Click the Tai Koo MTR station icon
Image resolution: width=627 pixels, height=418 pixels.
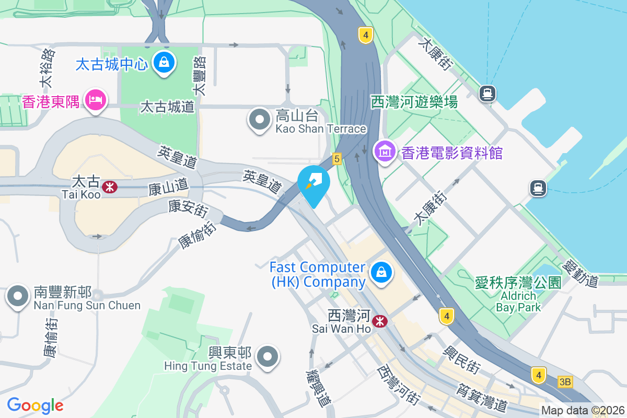click(110, 187)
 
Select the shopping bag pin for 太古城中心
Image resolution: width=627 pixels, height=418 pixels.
click(164, 63)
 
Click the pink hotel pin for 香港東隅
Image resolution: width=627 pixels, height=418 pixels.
click(95, 99)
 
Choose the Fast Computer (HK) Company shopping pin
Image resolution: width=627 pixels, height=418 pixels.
click(381, 272)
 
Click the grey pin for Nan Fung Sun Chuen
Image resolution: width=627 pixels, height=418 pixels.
click(18, 296)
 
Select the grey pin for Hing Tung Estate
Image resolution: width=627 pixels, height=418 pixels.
click(268, 357)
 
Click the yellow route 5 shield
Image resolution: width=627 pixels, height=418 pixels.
click(336, 158)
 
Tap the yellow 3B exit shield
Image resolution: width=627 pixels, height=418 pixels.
click(565, 382)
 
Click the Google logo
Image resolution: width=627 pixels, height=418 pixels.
click(35, 405)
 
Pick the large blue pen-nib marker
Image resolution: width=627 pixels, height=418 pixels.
click(313, 182)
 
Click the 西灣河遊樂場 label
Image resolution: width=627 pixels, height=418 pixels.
click(414, 102)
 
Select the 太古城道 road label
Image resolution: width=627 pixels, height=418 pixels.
click(167, 108)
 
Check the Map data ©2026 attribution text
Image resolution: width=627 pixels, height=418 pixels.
click(583, 411)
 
